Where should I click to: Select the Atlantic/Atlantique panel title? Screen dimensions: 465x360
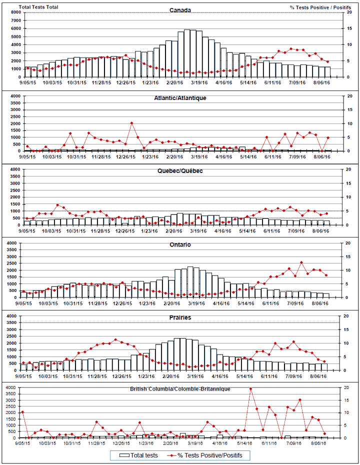click(180, 98)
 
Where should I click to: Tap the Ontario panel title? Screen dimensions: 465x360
click(180, 245)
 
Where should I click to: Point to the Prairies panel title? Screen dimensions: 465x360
click(180, 317)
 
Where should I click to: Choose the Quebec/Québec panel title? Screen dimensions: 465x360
click(180, 171)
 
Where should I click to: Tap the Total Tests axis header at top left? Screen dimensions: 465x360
click(38, 7)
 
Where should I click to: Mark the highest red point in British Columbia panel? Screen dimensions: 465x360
click(250, 388)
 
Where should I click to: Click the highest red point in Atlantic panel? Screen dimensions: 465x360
click(131, 123)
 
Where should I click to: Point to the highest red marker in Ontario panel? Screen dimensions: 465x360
click(301, 262)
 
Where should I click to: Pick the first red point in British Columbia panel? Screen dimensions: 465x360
click(22, 412)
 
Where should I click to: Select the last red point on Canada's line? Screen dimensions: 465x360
click(328, 62)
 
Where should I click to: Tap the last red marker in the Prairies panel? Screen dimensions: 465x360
click(324, 361)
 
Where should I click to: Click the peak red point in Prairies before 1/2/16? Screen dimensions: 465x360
click(116, 340)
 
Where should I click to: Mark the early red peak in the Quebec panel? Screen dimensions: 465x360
click(58, 205)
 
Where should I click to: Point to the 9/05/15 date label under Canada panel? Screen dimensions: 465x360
click(26, 83)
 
